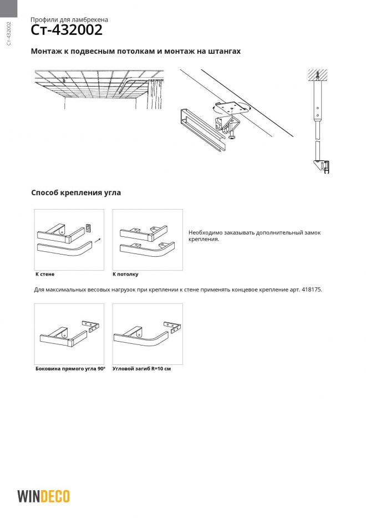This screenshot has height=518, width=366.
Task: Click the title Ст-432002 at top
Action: coord(58,29)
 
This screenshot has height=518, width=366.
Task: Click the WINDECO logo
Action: coord(43,496)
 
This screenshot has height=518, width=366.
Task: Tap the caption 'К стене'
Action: coord(45,274)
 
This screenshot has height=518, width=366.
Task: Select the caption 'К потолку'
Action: coord(125,274)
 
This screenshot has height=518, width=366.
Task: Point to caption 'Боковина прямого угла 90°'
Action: coord(70,368)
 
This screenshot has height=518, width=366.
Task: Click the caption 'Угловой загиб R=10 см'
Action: coord(141,368)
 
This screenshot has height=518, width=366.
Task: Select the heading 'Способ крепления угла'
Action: coord(76,193)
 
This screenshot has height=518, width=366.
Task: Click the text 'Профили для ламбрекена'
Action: coord(69,19)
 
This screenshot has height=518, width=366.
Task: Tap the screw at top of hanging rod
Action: coord(318,74)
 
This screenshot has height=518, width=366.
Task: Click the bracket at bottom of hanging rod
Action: coord(322,165)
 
